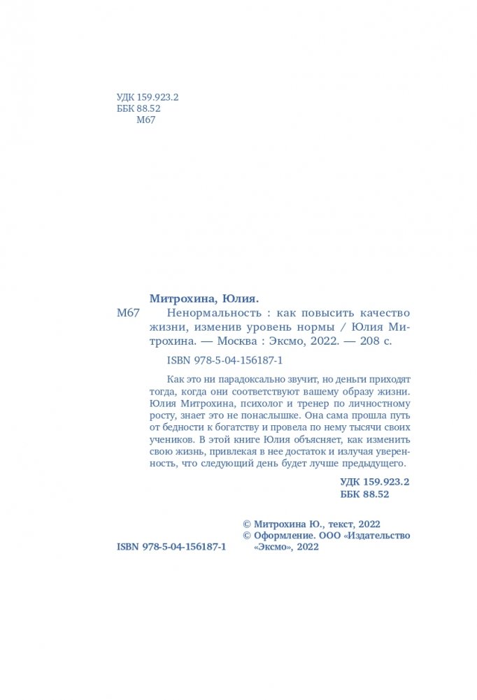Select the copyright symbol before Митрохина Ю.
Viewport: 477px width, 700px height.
[x=245, y=522]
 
